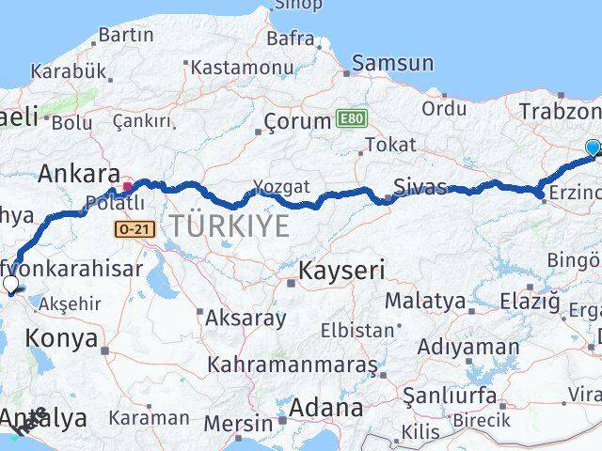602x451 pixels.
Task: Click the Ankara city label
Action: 79,174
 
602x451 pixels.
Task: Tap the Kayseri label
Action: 341,272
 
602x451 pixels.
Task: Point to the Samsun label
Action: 393,64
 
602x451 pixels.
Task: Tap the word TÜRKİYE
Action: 215,225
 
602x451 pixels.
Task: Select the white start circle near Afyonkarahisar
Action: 10,284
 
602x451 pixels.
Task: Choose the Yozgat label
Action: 280,186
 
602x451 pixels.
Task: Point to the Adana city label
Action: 326,409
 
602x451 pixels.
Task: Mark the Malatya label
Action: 424,303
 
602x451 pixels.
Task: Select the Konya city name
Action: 62,338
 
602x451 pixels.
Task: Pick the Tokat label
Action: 389,145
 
